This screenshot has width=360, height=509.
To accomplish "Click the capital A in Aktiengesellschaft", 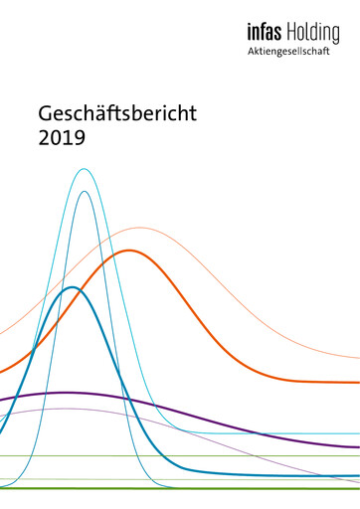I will coord(252,53).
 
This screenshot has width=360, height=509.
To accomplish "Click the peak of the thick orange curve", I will coord(128,250).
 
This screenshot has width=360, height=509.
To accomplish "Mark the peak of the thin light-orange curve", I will coord(140,228).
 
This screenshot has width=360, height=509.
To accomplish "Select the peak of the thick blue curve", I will coord(71,287).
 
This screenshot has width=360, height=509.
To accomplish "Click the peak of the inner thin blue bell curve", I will coord(86,192).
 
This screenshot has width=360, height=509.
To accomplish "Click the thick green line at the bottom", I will coord(249,488).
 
